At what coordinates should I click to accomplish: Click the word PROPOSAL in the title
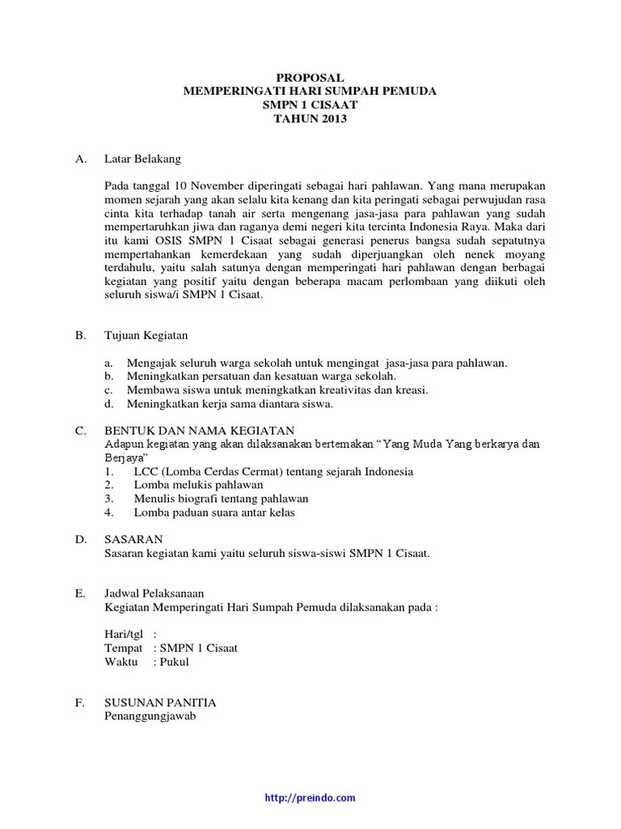(310, 78)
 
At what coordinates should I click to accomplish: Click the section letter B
(80, 335)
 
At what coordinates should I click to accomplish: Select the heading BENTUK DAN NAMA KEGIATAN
(199, 430)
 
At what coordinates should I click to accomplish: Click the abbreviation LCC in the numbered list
(146, 471)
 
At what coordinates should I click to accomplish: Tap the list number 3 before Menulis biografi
(108, 499)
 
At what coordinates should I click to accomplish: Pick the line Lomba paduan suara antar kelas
(213, 512)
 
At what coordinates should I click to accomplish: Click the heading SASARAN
(134, 539)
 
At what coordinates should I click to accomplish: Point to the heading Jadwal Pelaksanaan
(156, 593)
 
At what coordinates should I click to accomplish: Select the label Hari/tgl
(124, 634)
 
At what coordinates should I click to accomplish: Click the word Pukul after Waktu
(174, 661)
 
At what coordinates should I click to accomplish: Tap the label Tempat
(124, 648)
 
